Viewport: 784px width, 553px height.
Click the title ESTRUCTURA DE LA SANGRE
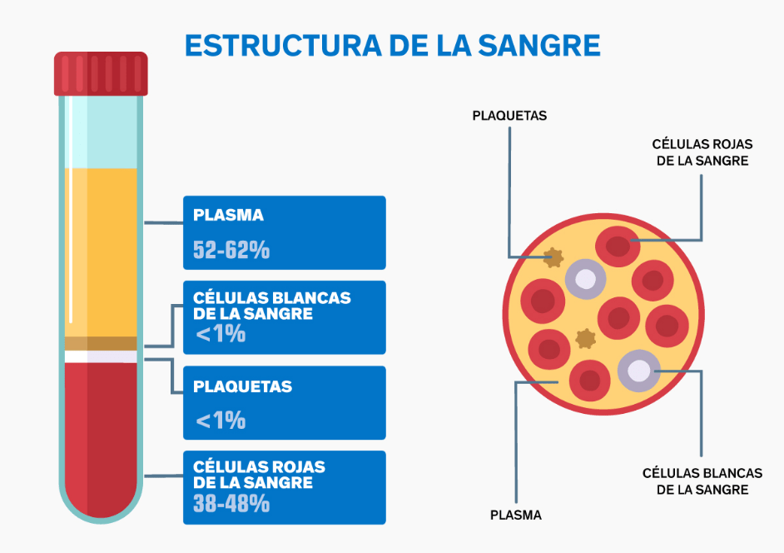pos(392,45)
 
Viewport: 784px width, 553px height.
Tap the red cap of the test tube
pos(101,73)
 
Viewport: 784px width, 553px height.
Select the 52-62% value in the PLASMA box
pos(231,249)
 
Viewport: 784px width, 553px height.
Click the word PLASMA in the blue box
pos(228,215)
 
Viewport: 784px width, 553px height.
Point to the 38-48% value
pos(231,503)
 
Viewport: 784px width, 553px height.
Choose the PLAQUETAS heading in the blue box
pos(242,386)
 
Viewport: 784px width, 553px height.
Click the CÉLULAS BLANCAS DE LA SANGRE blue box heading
pos(271,305)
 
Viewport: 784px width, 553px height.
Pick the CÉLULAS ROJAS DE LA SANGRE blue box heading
pos(259,475)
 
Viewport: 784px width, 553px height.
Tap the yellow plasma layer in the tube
pos(101,250)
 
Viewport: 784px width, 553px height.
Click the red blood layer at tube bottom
pos(101,433)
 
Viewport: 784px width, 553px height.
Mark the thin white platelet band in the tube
pos(101,356)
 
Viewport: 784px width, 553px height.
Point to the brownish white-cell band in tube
pos(101,343)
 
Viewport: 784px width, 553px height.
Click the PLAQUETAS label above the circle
pos(509,116)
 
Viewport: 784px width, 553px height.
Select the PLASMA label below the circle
pos(516,515)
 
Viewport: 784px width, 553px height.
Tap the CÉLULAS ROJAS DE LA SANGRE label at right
pos(702,152)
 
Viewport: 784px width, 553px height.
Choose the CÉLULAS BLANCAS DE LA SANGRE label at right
pos(702,481)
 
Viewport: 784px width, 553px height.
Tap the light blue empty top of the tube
pos(101,133)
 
